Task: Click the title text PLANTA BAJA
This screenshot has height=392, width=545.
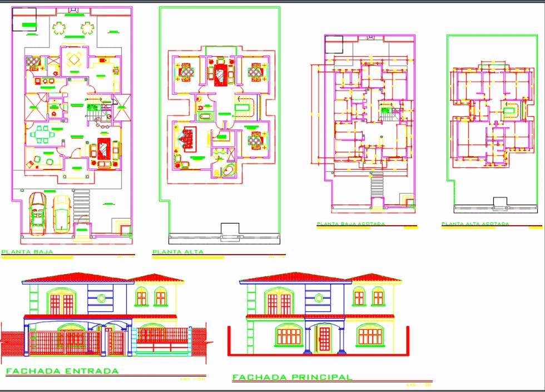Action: (x=27, y=252)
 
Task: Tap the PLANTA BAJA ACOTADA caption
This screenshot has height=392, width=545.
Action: (x=350, y=224)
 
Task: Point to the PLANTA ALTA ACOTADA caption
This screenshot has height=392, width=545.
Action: (x=475, y=224)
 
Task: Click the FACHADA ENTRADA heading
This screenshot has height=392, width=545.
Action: (x=62, y=371)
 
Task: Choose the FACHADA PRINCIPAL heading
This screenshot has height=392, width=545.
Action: (x=292, y=377)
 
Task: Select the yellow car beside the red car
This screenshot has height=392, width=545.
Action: (x=61, y=212)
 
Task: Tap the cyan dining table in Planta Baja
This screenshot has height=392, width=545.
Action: (x=42, y=134)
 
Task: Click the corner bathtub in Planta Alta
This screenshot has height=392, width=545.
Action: (x=227, y=170)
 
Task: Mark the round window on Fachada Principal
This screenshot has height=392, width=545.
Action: (x=319, y=298)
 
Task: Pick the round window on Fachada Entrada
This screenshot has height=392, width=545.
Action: (x=101, y=298)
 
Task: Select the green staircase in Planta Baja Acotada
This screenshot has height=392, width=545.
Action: (x=385, y=113)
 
